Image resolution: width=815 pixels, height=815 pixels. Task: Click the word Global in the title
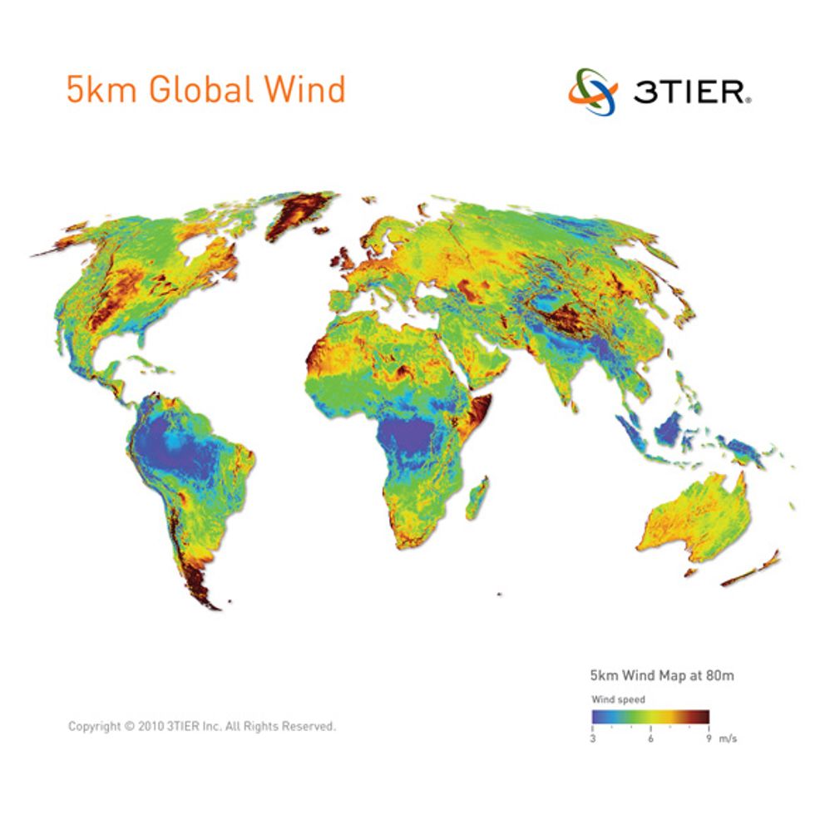click(201, 90)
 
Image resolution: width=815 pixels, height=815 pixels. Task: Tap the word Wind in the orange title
click(304, 90)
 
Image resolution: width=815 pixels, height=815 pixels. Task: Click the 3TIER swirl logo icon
click(593, 91)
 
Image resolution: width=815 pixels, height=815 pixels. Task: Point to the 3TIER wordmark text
click(691, 91)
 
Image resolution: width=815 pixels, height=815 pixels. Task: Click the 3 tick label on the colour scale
click(593, 739)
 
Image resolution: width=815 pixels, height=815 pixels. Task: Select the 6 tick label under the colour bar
click(650, 739)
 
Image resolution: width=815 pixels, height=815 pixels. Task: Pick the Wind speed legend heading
click(618, 699)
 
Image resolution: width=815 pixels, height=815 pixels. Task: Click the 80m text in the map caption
click(720, 675)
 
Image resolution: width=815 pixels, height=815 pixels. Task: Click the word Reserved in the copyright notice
click(308, 726)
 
